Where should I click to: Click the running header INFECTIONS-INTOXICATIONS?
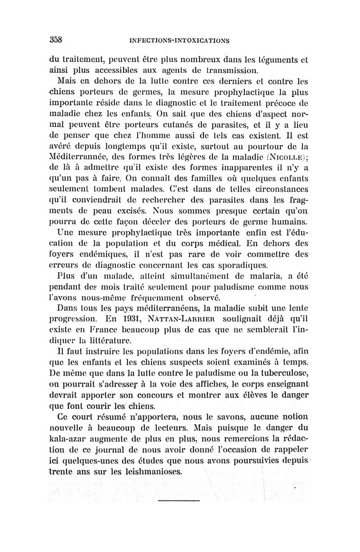point(179,40)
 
